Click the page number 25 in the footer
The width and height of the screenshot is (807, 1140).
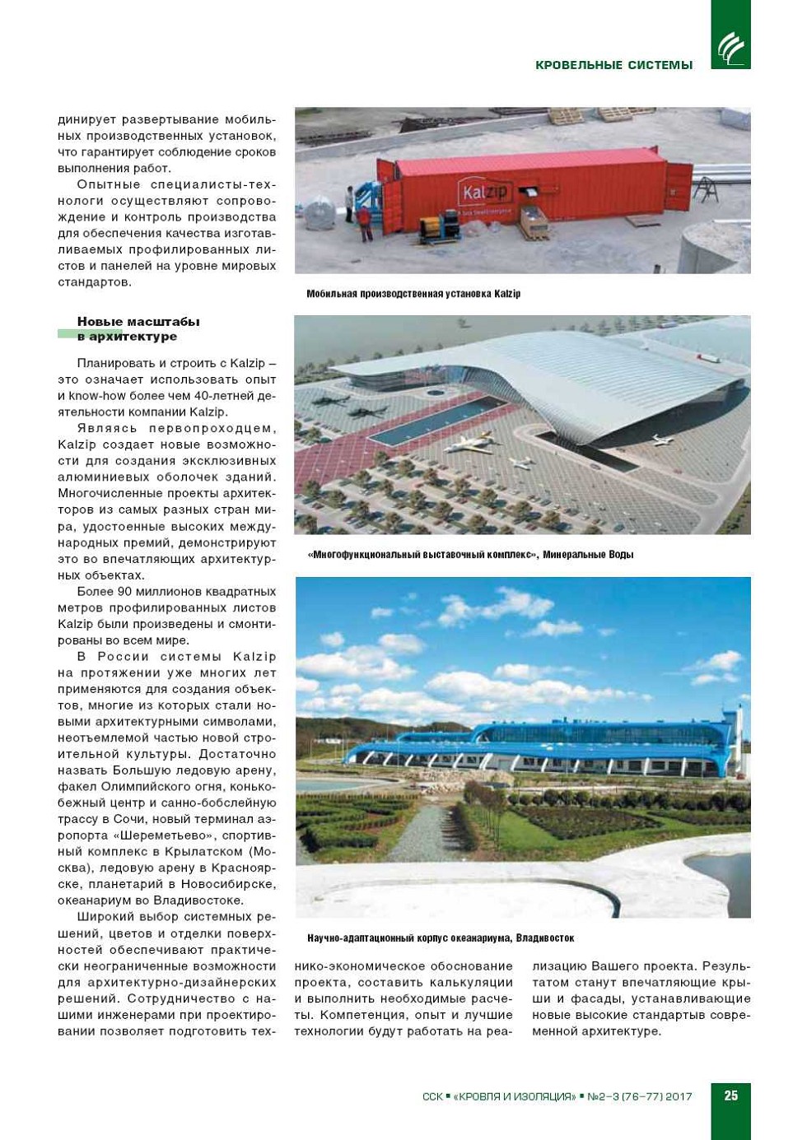click(730, 1096)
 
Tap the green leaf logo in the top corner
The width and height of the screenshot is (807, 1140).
click(730, 48)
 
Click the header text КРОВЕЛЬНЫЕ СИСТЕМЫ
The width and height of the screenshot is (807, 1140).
click(613, 65)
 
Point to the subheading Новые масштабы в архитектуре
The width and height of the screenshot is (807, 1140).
click(138, 328)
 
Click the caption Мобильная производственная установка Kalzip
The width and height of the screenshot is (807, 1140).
click(413, 294)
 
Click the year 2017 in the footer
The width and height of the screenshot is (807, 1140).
click(679, 1096)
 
